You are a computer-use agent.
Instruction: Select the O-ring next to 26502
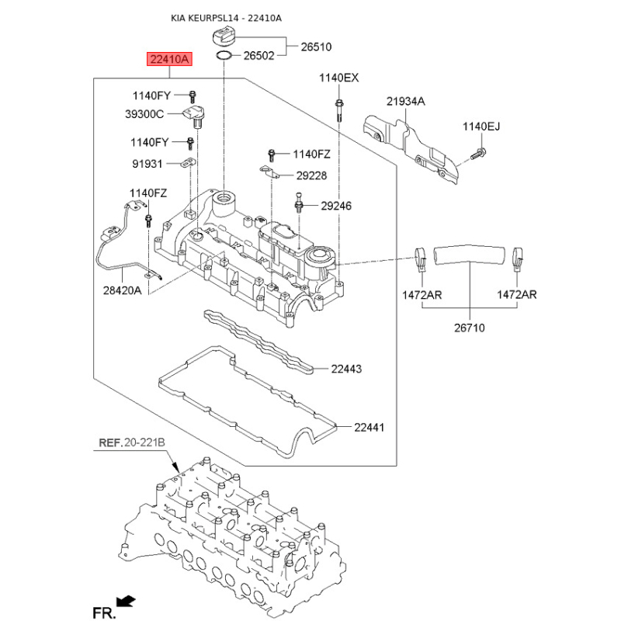click(x=223, y=56)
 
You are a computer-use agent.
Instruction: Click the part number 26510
click(x=315, y=47)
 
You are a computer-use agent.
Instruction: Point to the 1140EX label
click(x=340, y=78)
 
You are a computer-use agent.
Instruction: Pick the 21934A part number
click(x=406, y=101)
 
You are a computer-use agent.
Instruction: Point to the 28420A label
click(x=123, y=291)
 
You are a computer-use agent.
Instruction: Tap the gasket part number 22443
click(x=345, y=369)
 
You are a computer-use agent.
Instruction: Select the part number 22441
click(x=369, y=427)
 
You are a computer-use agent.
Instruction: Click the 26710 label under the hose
click(x=469, y=328)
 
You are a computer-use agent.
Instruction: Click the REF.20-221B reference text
click(x=132, y=443)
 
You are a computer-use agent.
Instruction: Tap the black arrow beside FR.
click(x=123, y=600)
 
